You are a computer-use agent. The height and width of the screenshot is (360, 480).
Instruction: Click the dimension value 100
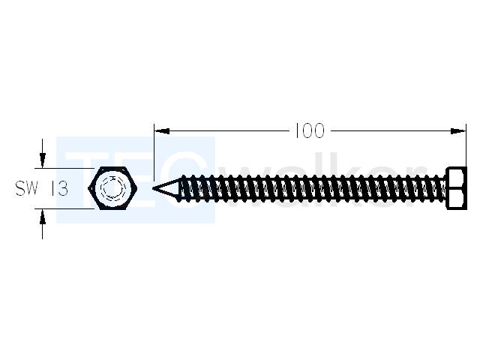pos(309,131)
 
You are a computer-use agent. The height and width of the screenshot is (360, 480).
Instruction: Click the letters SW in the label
pos(27,188)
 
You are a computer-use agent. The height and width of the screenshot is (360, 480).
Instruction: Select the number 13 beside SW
pos(59,188)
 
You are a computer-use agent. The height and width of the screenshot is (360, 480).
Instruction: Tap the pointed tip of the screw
pos(153,188)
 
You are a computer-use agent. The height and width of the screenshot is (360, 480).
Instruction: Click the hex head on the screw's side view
pos(457,188)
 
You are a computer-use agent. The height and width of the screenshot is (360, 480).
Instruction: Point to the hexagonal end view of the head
pos(113,188)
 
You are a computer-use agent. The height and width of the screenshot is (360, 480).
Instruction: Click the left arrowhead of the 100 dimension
pos(162,131)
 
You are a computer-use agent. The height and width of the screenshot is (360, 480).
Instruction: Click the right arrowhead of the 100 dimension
pos(458,131)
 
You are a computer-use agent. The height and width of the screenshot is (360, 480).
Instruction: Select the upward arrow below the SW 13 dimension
pos(43,224)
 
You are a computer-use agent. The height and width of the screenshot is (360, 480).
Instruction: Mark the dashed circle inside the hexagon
pos(113,188)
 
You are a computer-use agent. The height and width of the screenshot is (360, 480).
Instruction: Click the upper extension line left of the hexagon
pos(64,168)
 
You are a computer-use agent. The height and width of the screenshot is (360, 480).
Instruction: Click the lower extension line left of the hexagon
pos(64,209)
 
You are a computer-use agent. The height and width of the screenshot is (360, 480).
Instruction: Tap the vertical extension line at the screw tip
pos(154,152)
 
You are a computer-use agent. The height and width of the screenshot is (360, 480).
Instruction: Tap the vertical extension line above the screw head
pos(466,145)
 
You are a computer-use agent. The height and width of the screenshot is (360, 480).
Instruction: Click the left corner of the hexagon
pos(88,188)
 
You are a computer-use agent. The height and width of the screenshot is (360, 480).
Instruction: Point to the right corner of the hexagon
pos(138,188)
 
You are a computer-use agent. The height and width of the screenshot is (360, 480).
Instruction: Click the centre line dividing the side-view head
pos(457,188)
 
